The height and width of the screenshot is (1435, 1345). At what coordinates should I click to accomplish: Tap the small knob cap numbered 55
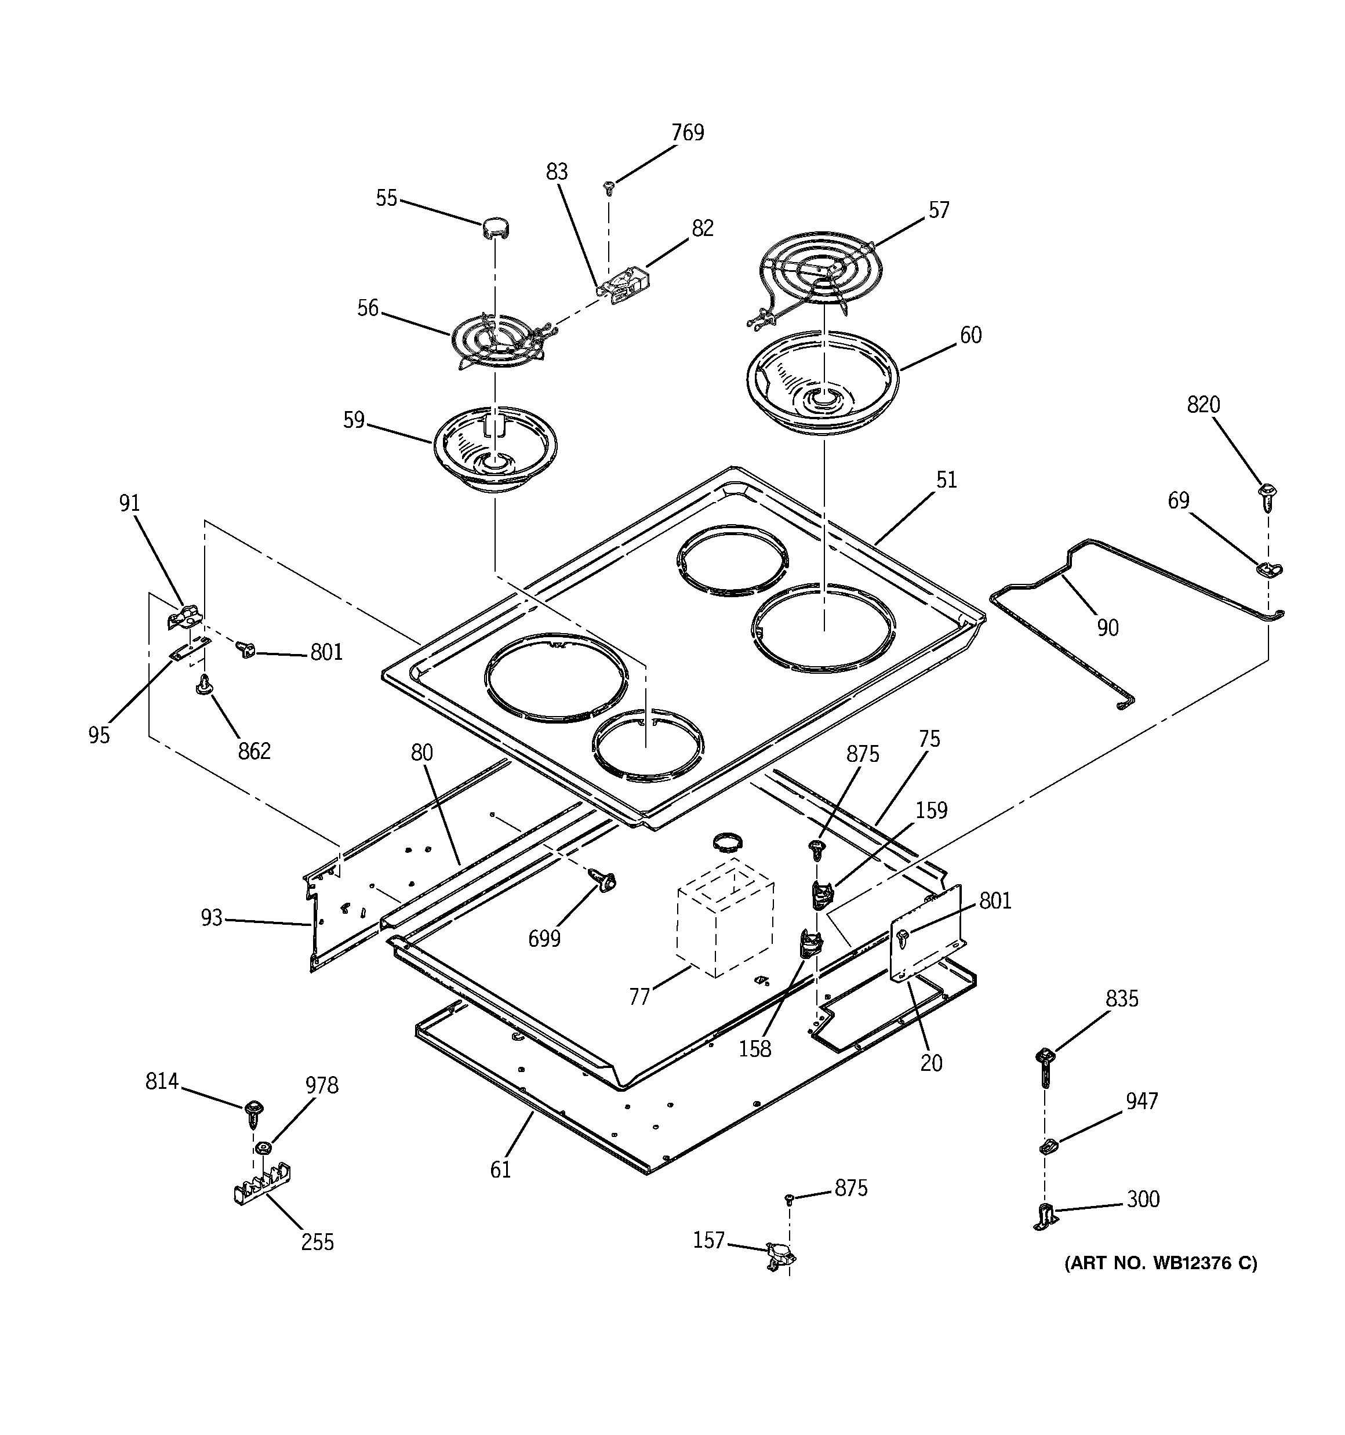click(495, 228)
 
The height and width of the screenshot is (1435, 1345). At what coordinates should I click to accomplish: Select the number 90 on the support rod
click(1107, 628)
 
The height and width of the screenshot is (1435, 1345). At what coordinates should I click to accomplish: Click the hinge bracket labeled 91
click(185, 616)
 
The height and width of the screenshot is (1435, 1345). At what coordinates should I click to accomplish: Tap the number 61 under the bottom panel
click(500, 1169)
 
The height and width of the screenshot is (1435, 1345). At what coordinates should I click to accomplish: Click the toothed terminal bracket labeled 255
click(262, 1185)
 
